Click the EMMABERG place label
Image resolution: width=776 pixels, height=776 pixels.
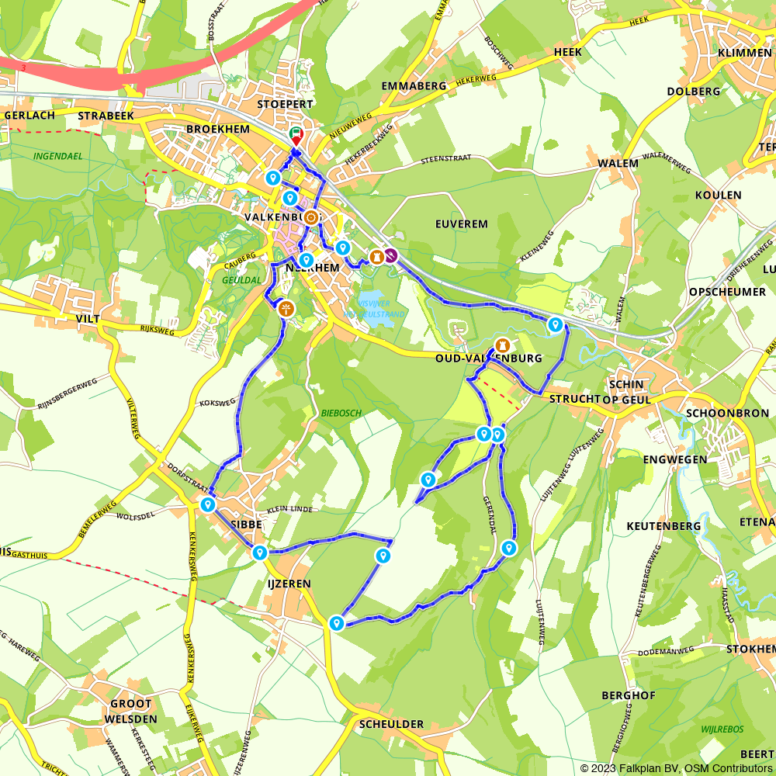pyautogui.click(x=414, y=86)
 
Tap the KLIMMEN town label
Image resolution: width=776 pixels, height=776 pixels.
pyautogui.click(x=745, y=52)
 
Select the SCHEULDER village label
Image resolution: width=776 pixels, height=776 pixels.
pyautogui.click(x=392, y=724)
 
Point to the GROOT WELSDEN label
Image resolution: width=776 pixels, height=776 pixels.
pyautogui.click(x=131, y=712)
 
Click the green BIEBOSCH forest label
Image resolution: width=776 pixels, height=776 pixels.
pyautogui.click(x=341, y=414)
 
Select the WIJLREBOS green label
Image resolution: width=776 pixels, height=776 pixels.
pyautogui.click(x=722, y=729)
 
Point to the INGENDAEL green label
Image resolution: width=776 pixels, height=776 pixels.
pyautogui.click(x=58, y=156)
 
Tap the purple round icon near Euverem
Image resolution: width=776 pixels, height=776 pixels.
pyautogui.click(x=391, y=255)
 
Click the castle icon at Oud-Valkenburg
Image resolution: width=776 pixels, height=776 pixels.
pyautogui.click(x=503, y=345)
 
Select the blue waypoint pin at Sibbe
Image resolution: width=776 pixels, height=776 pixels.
pyautogui.click(x=208, y=504)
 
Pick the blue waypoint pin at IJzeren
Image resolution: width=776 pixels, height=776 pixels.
pyautogui.click(x=259, y=553)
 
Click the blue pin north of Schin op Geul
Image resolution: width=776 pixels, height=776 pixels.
pyautogui.click(x=555, y=324)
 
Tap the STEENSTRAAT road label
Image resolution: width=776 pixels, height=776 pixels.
pyautogui.click(x=446, y=160)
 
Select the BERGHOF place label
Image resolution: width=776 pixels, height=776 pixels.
pyautogui.click(x=628, y=696)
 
